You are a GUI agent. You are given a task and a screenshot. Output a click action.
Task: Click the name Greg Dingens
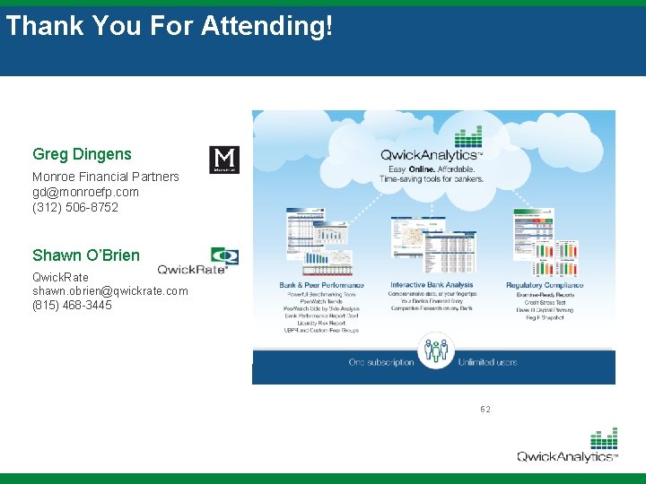click(x=82, y=155)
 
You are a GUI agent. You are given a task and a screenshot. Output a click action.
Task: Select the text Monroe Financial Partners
click(x=106, y=177)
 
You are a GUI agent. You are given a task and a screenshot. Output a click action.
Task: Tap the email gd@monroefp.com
click(x=85, y=192)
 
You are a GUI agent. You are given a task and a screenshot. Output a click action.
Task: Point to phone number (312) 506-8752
click(x=75, y=207)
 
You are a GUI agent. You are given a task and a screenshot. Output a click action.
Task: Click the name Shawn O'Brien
click(x=86, y=255)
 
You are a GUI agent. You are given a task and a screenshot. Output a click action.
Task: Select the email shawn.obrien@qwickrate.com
click(x=110, y=290)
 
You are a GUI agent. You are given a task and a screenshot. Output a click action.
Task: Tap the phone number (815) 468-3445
click(x=73, y=306)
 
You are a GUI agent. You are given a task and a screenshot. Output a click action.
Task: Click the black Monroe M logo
click(x=223, y=160)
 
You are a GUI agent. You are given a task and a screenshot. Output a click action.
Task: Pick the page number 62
click(x=485, y=410)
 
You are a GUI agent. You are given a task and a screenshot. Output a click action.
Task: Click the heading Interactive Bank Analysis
click(x=432, y=285)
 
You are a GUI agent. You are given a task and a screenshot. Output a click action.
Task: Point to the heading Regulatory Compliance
click(x=544, y=285)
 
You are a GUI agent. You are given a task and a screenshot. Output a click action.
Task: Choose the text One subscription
click(x=381, y=362)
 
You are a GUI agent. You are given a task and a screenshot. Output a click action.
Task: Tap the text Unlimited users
click(x=488, y=362)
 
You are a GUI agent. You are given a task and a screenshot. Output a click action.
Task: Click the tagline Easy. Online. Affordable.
click(x=432, y=169)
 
